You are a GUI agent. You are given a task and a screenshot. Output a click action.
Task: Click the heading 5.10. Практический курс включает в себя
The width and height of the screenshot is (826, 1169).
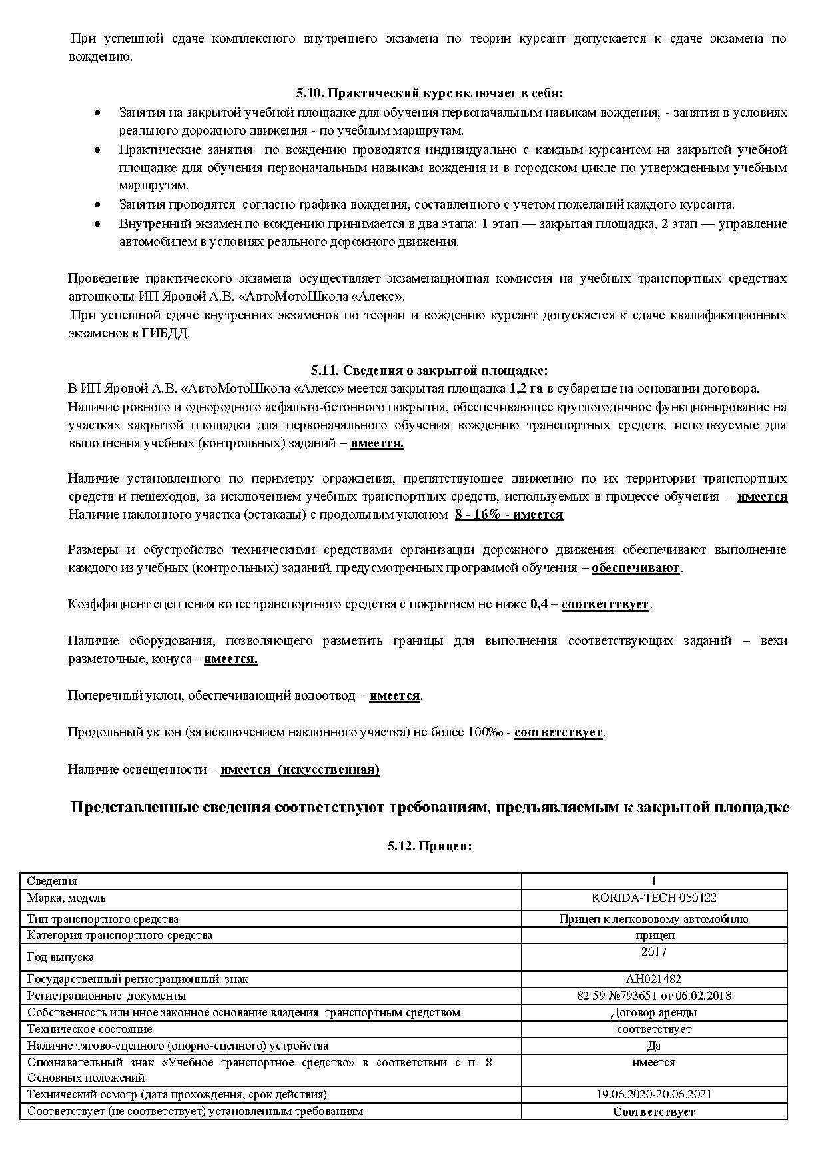pos(429,93)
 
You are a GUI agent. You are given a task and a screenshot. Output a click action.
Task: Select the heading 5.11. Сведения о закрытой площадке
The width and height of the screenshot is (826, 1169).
pos(429,370)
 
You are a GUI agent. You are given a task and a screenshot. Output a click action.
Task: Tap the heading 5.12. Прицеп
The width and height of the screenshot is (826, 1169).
pos(429,846)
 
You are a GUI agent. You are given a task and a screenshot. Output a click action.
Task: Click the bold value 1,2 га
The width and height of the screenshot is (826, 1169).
pos(526,389)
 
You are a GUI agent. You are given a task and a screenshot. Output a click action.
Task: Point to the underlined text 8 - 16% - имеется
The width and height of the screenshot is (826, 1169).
pos(509,515)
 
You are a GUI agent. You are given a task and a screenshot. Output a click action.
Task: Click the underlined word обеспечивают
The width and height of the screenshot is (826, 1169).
pos(635,568)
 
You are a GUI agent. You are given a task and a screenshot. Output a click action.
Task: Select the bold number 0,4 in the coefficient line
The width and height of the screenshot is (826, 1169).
pos(538,604)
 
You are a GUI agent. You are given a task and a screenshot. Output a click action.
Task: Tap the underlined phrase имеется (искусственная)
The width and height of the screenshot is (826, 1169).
pos(300,770)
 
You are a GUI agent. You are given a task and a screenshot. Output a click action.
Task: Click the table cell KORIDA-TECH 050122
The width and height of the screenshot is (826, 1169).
pos(653,898)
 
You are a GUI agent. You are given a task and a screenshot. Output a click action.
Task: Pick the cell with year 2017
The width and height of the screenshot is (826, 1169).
pos(653,952)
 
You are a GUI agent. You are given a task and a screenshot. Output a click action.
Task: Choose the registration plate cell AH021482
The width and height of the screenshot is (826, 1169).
pos(653,979)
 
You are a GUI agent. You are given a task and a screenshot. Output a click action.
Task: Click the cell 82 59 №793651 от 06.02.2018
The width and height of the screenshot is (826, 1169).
pos(653,996)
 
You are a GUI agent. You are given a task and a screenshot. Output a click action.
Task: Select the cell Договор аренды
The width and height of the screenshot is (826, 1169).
pos(653,1012)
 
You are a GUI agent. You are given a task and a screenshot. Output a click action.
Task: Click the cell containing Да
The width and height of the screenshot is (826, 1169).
pos(653,1046)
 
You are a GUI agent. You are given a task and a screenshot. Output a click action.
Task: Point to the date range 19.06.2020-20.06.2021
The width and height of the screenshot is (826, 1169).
pos(653,1094)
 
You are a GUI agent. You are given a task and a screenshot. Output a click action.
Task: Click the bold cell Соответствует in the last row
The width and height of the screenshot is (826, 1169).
pos(653,1112)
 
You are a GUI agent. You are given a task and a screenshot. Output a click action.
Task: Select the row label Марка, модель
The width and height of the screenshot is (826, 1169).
pos(66,898)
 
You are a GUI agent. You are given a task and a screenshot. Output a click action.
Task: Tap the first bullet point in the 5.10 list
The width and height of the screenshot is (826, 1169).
pos(98,113)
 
